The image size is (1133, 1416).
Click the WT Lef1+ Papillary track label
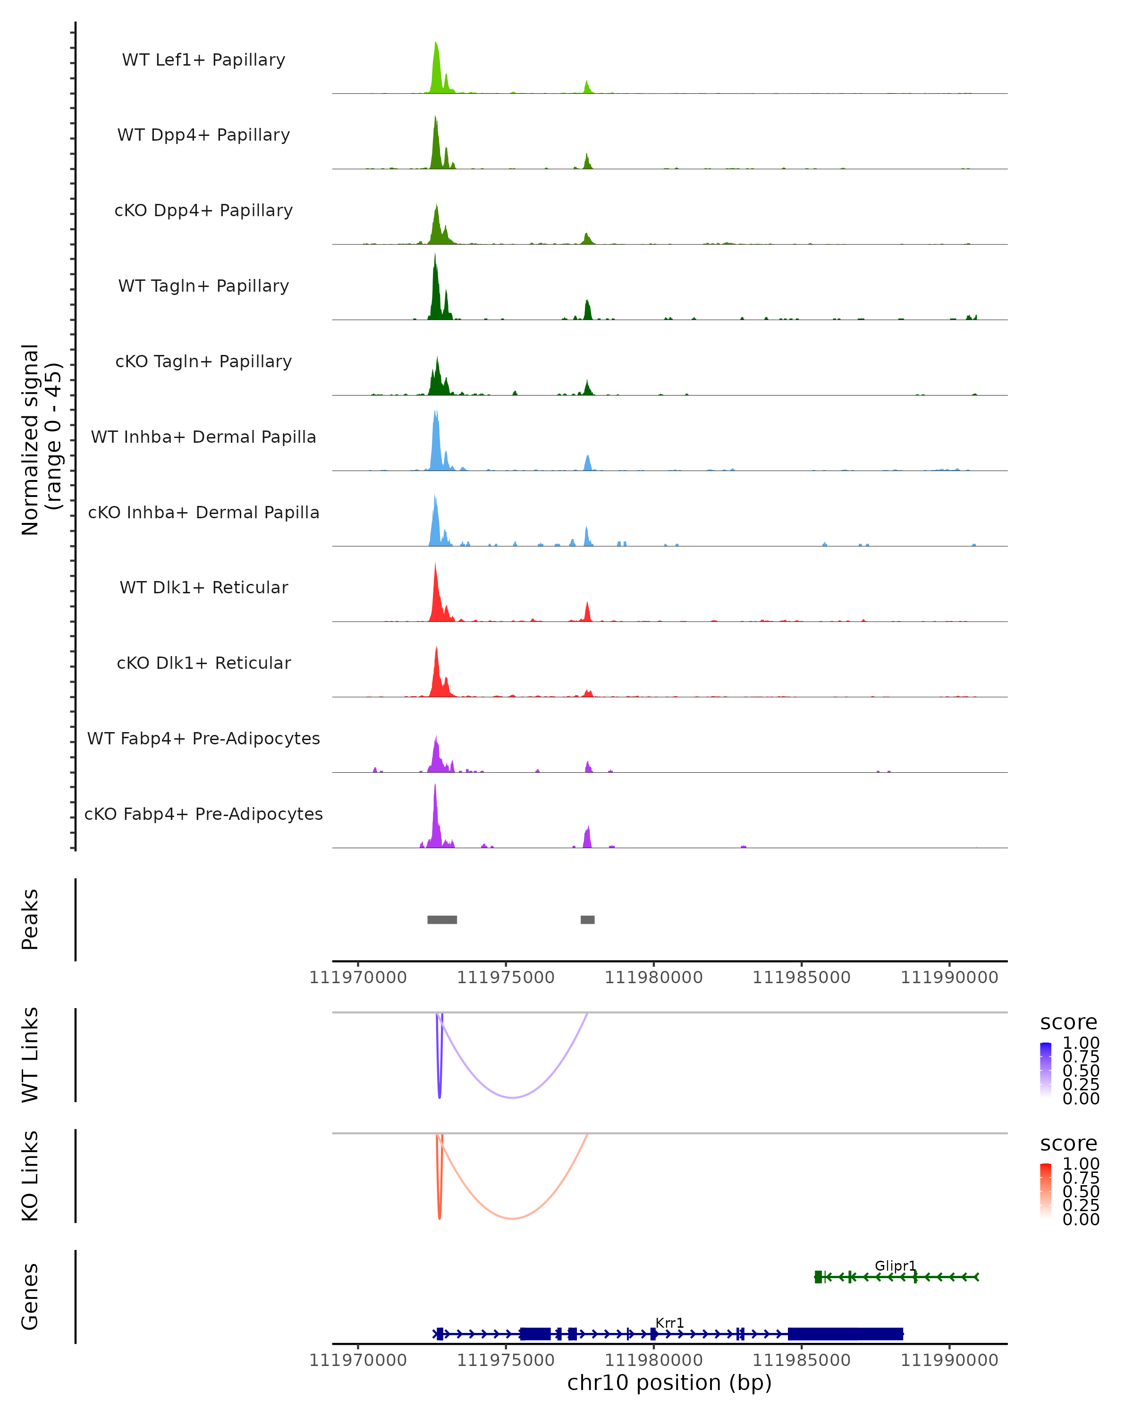pos(203,60)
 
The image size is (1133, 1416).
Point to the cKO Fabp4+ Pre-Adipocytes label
pos(203,814)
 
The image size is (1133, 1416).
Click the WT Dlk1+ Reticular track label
pos(203,588)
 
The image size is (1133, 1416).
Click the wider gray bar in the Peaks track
pos(442,919)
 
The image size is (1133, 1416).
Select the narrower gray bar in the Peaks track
pos(587,919)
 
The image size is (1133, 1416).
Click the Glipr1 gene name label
pos(895,1265)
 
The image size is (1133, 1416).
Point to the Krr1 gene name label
pos(669,1323)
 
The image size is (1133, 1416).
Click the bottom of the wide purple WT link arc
pos(512,1097)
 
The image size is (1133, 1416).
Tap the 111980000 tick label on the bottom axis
pos(653,1360)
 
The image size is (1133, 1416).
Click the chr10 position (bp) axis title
pos(669,1383)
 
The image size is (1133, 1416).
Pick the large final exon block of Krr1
pos(846,1334)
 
